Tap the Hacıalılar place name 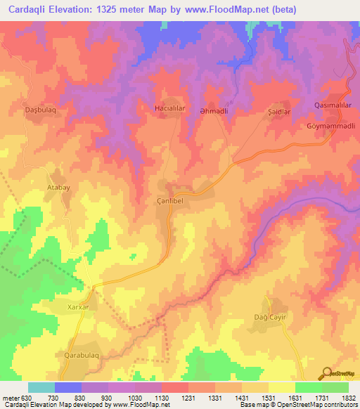pyautogui.click(x=169, y=108)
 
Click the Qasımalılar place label pyautogui.click(x=333, y=105)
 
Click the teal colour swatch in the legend pyautogui.click(x=41, y=387)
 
